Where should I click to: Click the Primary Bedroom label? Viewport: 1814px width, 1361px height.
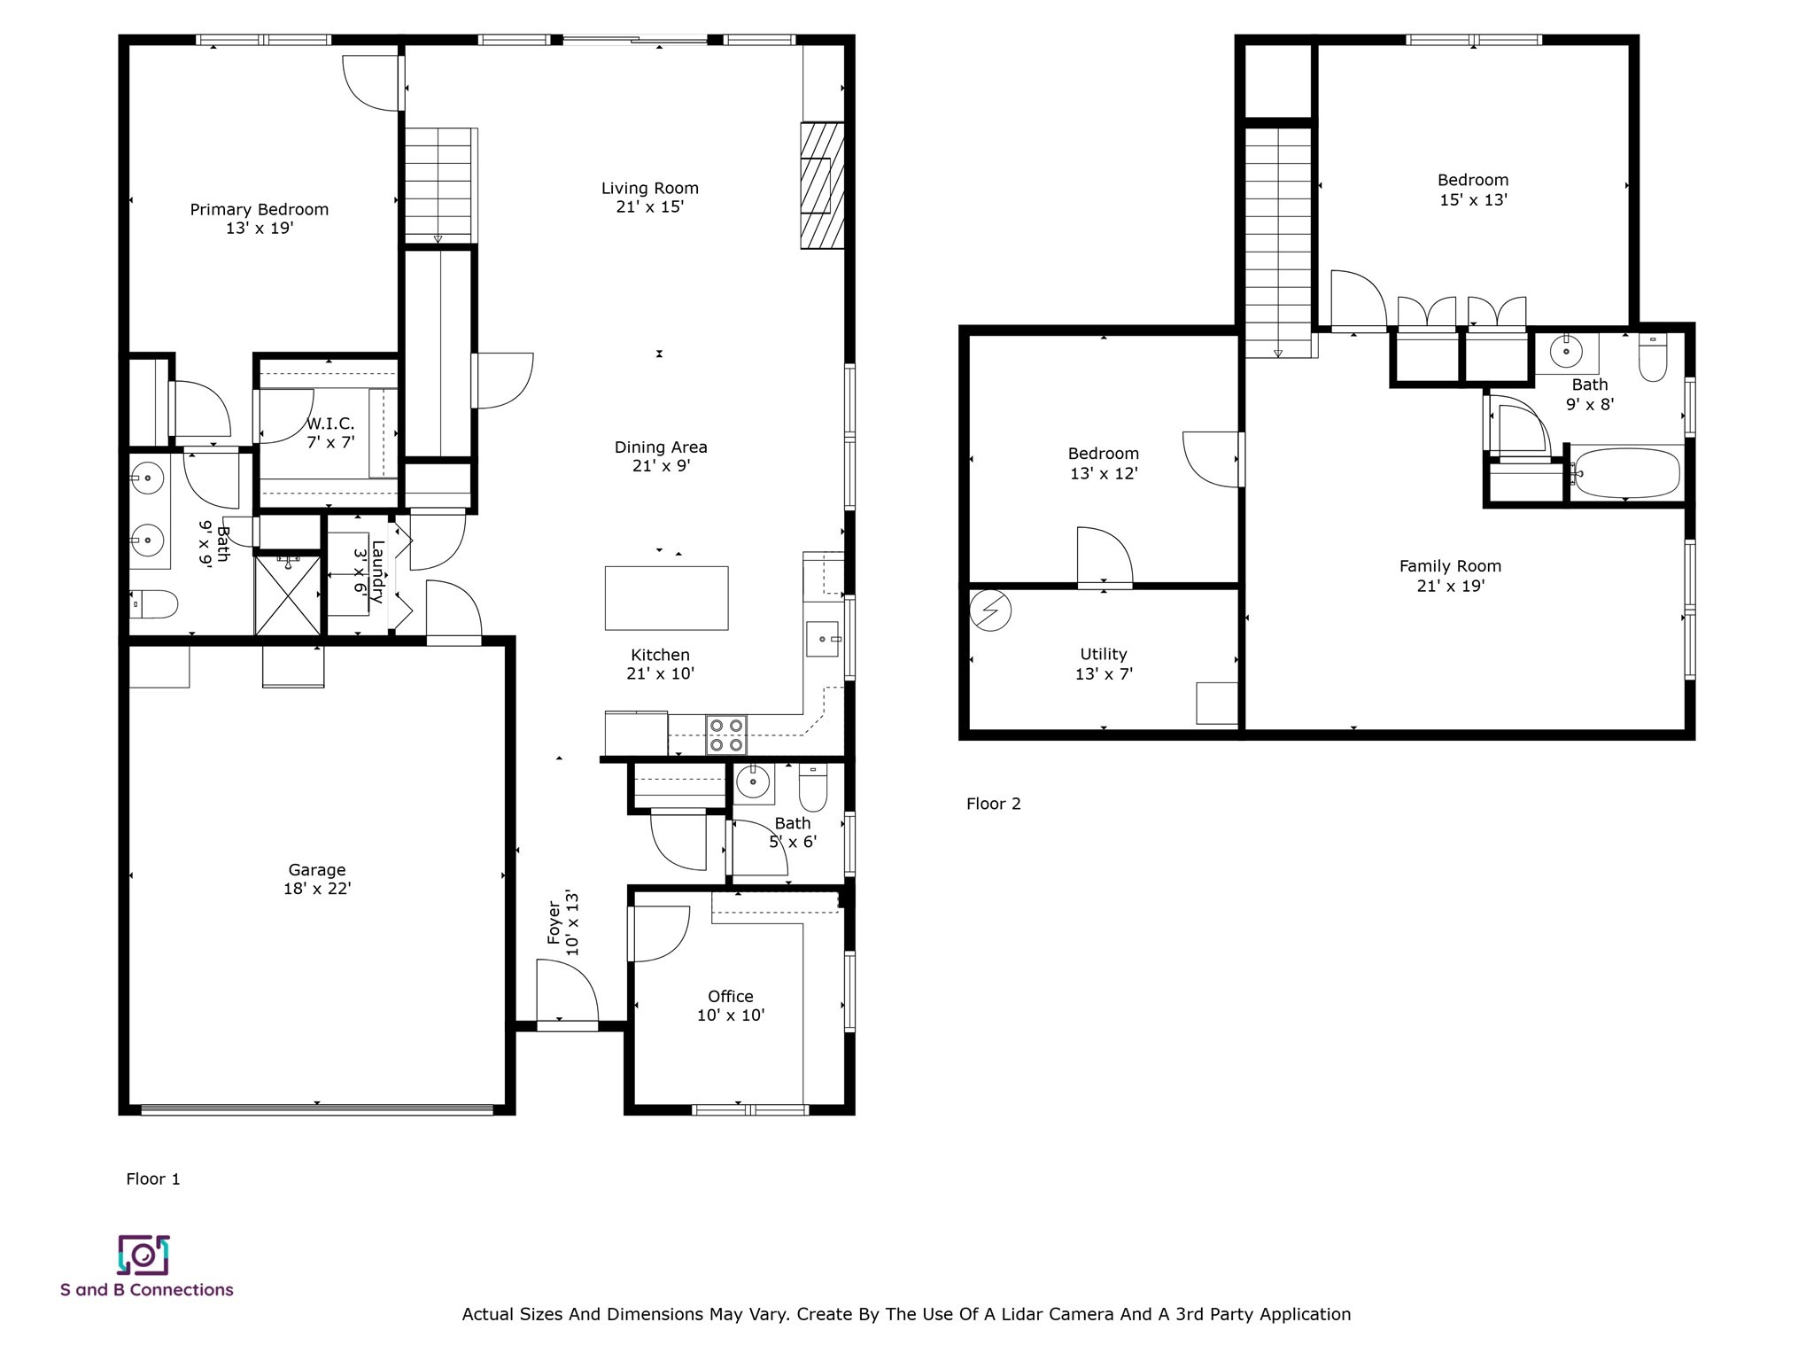coord(259,209)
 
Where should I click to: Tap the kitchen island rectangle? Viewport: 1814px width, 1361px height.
coord(666,598)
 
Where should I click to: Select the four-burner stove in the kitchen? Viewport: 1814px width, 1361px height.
coord(726,735)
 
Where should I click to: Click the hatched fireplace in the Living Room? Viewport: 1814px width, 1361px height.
coord(821,185)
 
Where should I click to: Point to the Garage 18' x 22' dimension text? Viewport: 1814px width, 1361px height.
coord(317,889)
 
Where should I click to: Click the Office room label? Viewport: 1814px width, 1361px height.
coord(730,996)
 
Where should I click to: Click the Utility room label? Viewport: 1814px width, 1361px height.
coord(1103,654)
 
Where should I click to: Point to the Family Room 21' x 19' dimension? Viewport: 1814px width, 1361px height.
coord(1450,586)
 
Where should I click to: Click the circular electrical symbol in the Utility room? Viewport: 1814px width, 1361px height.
coord(990,611)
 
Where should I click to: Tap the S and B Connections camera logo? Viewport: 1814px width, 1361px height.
coord(143,1255)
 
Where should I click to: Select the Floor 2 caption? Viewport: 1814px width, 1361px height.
coord(993,804)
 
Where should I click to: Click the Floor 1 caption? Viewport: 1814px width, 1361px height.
coord(153,1178)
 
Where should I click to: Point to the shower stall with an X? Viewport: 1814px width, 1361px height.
coord(288,595)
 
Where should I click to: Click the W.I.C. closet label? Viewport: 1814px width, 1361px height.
coord(330,424)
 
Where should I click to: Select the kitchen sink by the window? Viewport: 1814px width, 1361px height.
coord(822,639)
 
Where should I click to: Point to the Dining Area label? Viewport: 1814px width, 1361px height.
coord(661,447)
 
